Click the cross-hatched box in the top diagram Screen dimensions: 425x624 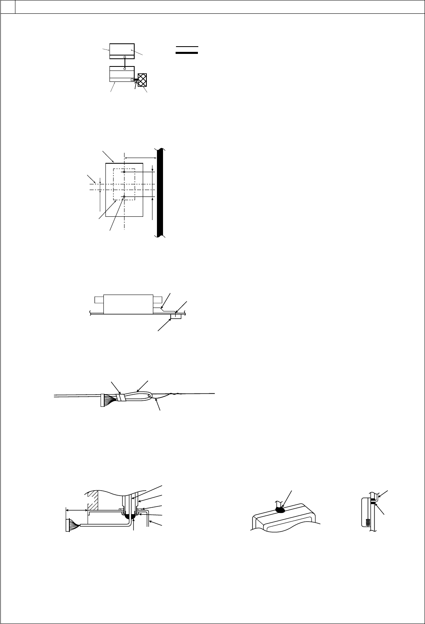(x=142, y=80)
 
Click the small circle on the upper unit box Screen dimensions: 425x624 (x=124, y=57)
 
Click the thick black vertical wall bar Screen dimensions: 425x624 (x=160, y=192)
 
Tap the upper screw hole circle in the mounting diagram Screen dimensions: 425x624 (x=124, y=172)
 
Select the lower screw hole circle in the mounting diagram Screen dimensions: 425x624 (x=124, y=197)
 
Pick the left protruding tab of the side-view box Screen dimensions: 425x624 (x=99, y=300)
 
